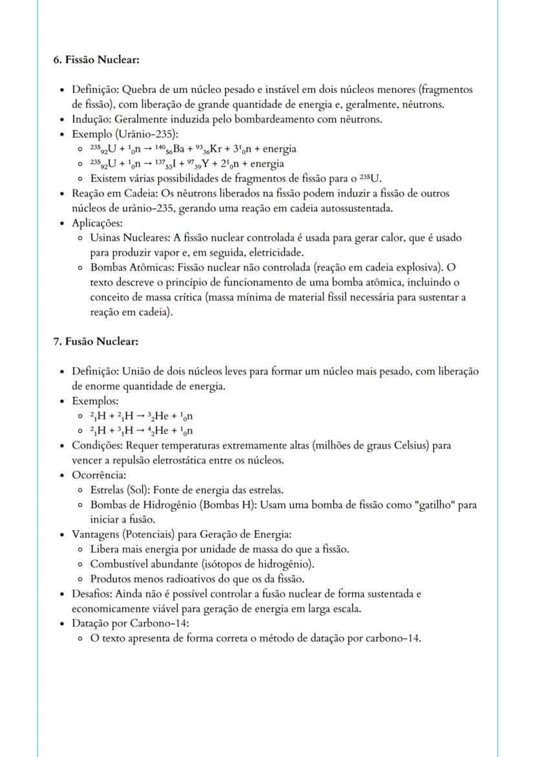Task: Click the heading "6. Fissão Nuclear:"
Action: [96, 60]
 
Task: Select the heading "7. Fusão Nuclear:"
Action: [96, 341]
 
